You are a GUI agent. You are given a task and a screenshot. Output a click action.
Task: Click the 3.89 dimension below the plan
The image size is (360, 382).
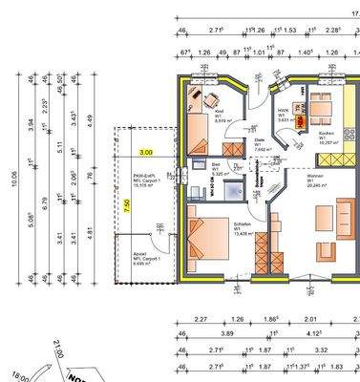pos(228,334)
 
